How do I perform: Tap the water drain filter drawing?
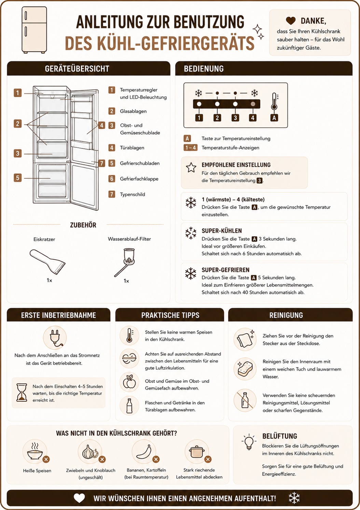(125, 262)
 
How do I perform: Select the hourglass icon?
(22, 392)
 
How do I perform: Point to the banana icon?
(144, 452)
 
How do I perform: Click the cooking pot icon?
(197, 452)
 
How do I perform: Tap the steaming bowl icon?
(35, 451)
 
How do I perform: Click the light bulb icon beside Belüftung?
(249, 442)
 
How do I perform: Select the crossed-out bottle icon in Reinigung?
(245, 400)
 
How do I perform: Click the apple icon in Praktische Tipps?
(129, 381)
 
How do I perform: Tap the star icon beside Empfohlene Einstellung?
(191, 167)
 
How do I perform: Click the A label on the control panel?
(274, 118)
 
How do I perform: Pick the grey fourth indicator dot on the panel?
(253, 104)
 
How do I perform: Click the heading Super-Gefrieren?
(225, 270)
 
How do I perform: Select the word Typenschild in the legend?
(133, 194)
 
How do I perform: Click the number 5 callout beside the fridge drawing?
(18, 178)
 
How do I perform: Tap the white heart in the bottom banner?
(79, 498)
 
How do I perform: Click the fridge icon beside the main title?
(34, 30)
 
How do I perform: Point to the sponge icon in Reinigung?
(245, 368)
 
